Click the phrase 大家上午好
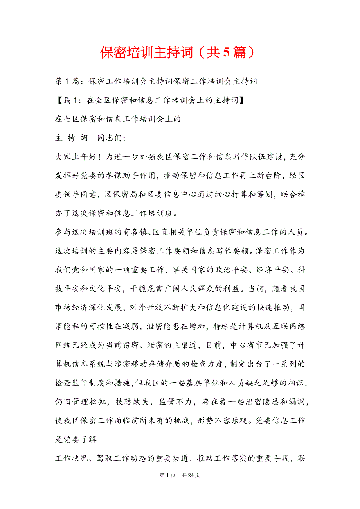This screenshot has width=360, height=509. tap(74, 157)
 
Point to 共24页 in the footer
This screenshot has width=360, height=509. tap(191, 475)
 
